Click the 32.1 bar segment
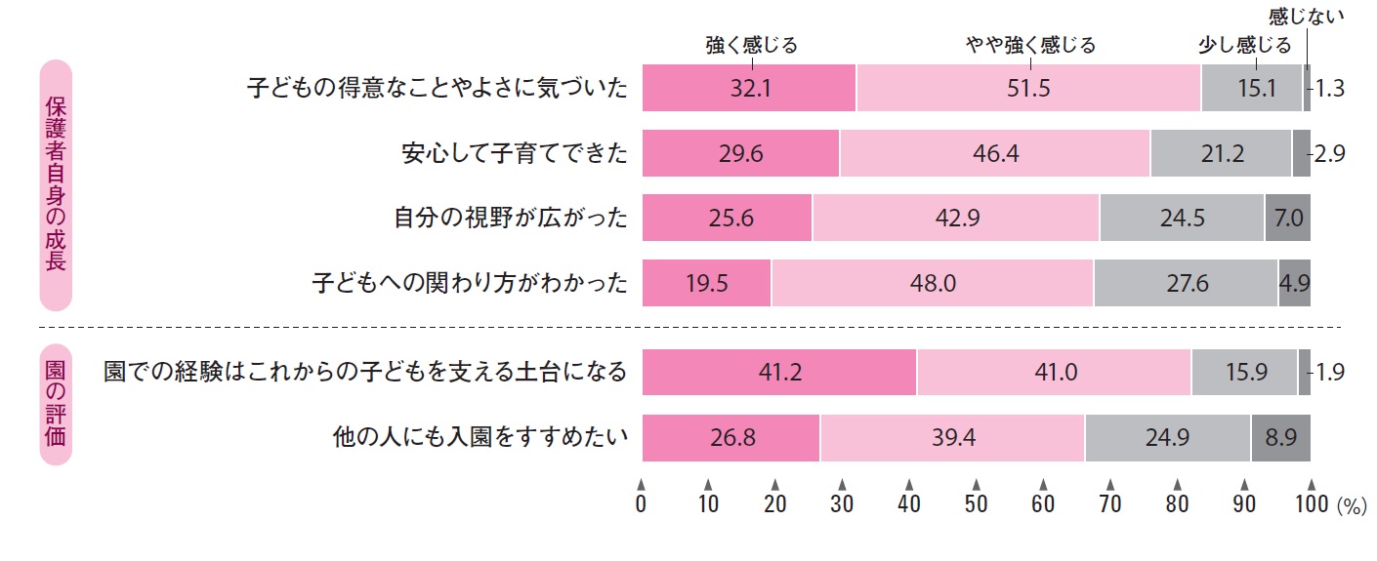click(749, 88)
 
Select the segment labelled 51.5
click(1028, 88)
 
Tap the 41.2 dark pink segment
click(778, 372)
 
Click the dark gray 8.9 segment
click(1280, 438)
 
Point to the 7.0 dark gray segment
click(1287, 219)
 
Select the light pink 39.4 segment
click(952, 438)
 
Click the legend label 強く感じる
click(751, 45)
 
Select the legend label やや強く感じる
click(1029, 45)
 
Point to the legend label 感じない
click(1306, 15)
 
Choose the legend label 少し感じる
click(1244, 45)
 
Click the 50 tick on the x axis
click(976, 503)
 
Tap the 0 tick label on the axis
click(641, 503)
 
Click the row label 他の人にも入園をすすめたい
click(479, 438)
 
